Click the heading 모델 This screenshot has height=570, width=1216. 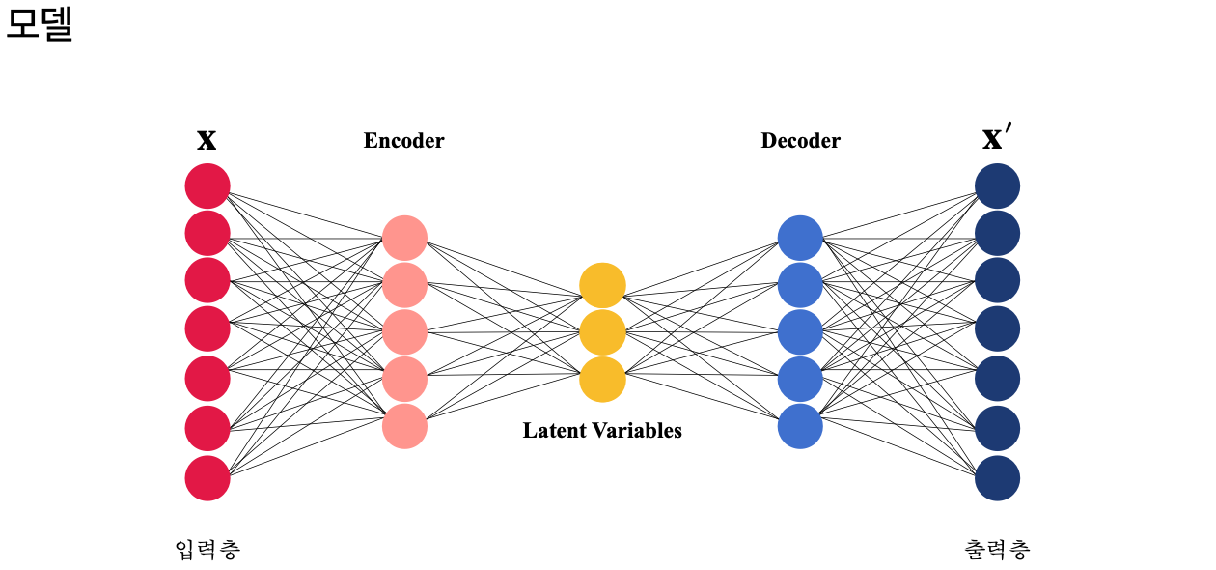pyautogui.click(x=40, y=25)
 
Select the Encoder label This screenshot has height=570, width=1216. pyautogui.click(x=403, y=141)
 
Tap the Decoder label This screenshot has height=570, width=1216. pyautogui.click(x=800, y=141)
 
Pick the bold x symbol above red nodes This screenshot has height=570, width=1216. pyautogui.click(x=207, y=141)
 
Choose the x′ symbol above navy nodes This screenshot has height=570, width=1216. pyautogui.click(x=997, y=140)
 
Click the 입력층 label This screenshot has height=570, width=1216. pyautogui.click(x=207, y=550)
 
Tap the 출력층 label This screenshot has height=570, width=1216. pyautogui.click(x=997, y=550)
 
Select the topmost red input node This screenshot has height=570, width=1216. pyautogui.click(x=207, y=185)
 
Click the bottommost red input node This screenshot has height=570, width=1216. pyautogui.click(x=207, y=478)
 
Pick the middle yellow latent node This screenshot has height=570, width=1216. pyautogui.click(x=602, y=332)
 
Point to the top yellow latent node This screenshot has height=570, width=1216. pyautogui.click(x=602, y=285)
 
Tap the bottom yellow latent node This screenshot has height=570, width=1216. pyautogui.click(x=602, y=380)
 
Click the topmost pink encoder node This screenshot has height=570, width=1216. pyautogui.click(x=404, y=238)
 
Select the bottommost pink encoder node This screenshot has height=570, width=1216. pyautogui.click(x=404, y=426)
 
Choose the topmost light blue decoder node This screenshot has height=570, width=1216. pyautogui.click(x=800, y=238)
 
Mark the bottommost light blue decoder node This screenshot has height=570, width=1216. pyautogui.click(x=800, y=426)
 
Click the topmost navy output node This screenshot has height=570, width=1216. pyautogui.click(x=997, y=185)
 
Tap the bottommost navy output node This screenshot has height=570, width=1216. pyautogui.click(x=997, y=478)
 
